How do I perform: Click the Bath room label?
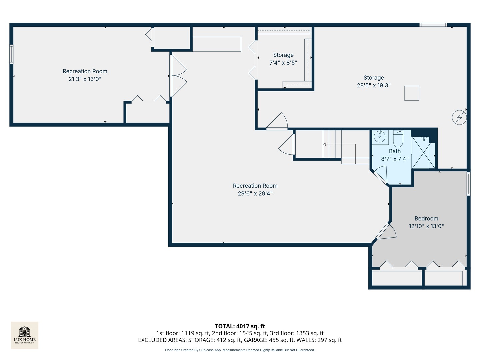[395, 151]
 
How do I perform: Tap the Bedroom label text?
[426, 219]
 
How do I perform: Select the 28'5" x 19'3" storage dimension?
[374, 85]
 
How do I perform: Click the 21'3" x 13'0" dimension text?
[85, 79]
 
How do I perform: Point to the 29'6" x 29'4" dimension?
[255, 194]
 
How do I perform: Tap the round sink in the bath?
[379, 136]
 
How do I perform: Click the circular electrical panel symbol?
[459, 117]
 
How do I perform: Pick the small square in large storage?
[412, 93]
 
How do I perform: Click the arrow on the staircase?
[325, 144]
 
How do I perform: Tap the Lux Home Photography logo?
[25, 335]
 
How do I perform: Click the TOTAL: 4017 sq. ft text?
[240, 326]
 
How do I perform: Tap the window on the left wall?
[11, 54]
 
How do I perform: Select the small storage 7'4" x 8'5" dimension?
[283, 63]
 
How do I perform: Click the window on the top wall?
[433, 25]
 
